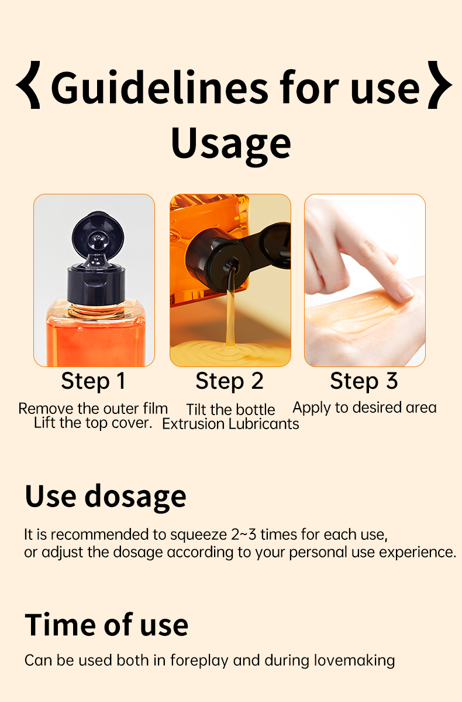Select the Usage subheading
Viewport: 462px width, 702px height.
coord(230,144)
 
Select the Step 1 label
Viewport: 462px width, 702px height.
coord(94,381)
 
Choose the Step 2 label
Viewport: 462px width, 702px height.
coord(229,381)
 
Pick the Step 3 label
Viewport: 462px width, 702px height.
coord(364,381)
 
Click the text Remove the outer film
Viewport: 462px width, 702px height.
coord(93,408)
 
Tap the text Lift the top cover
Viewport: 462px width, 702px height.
coord(93,423)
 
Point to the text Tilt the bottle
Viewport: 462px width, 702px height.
coord(230,409)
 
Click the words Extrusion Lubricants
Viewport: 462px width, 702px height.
coord(230,424)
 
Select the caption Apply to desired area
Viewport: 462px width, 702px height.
coord(364,407)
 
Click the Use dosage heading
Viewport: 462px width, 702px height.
coord(105,496)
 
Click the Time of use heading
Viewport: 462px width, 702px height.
coord(106,625)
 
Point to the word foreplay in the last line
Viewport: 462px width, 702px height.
coord(199,661)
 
